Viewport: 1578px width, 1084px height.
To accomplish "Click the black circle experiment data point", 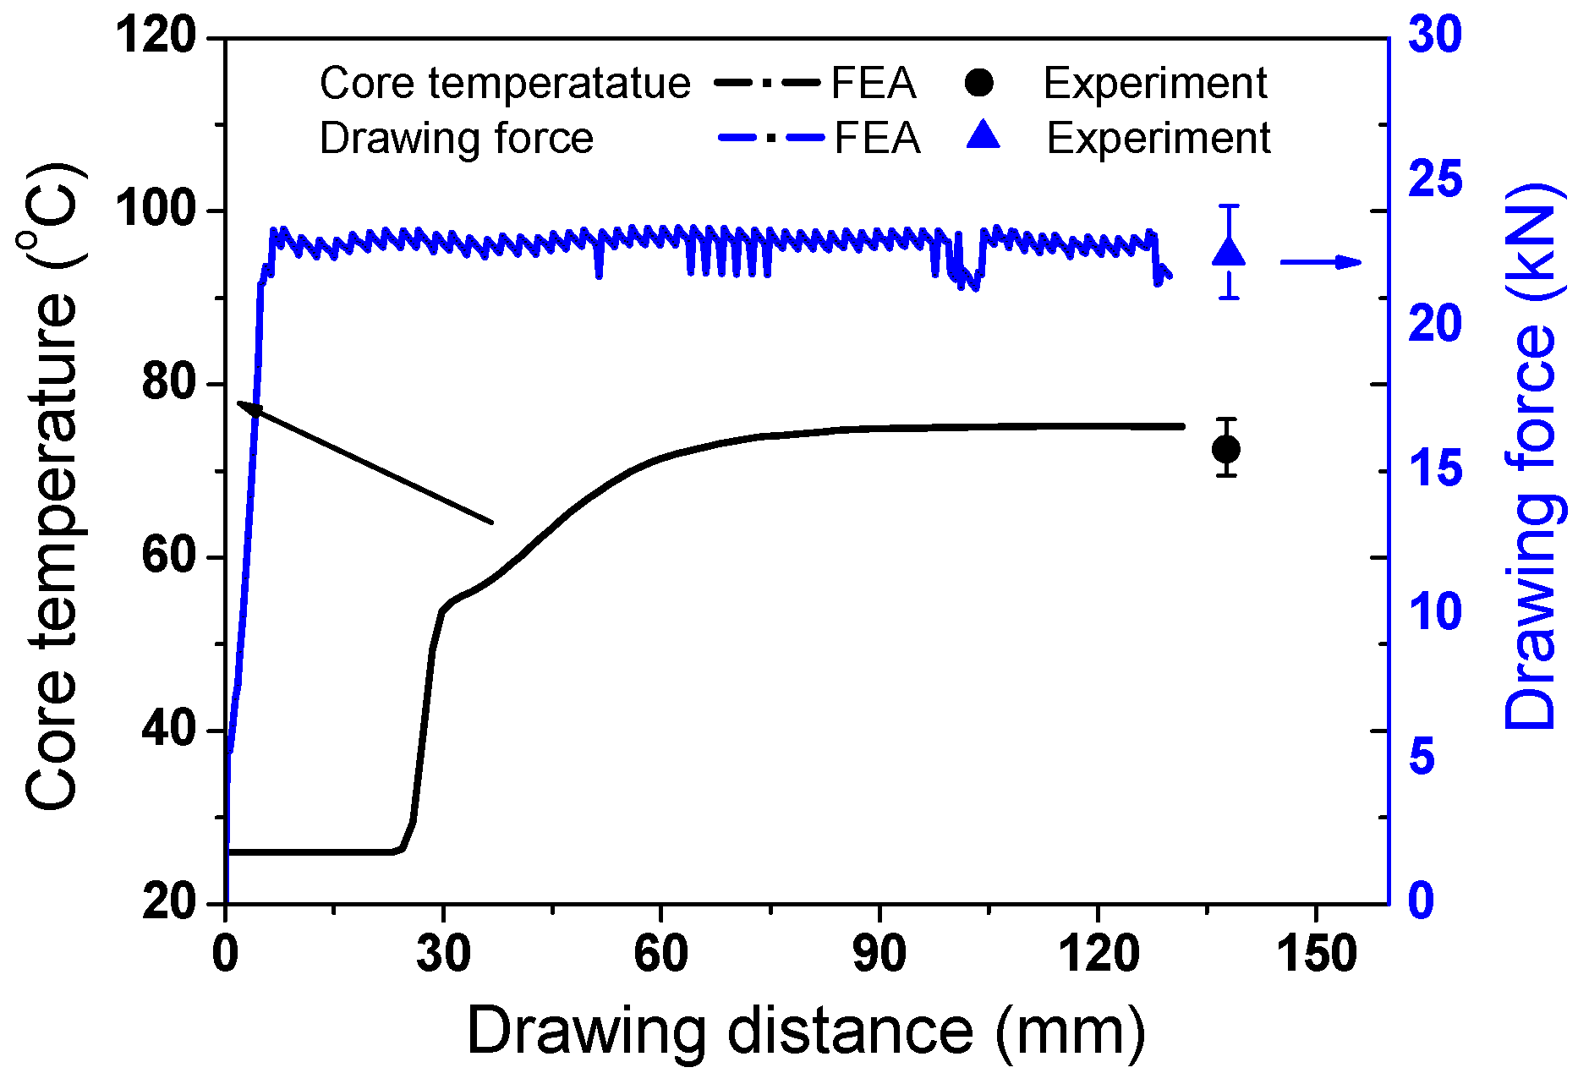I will click(x=1226, y=449).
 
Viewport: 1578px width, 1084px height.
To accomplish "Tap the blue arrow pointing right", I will click(x=1321, y=262).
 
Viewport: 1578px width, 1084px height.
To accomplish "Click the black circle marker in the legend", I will click(x=979, y=83).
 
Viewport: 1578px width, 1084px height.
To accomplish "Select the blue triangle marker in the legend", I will click(x=983, y=135).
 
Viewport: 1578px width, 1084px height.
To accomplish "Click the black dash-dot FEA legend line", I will click(x=768, y=83).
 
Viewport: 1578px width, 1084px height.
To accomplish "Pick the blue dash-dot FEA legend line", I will click(x=770, y=137).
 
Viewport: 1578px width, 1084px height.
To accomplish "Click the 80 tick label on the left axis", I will click(x=169, y=383).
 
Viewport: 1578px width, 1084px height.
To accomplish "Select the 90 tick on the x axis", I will click(x=879, y=954).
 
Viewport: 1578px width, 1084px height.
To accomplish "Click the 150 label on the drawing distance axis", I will click(x=1316, y=954).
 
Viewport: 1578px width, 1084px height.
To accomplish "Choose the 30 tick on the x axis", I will click(x=443, y=954).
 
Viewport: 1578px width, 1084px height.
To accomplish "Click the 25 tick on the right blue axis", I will click(x=1435, y=181).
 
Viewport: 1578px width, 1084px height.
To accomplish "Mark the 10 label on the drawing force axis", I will click(x=1435, y=612).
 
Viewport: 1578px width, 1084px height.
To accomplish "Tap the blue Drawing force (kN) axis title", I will click(x=1531, y=457).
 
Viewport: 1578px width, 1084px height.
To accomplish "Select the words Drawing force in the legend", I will click(x=456, y=138).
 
